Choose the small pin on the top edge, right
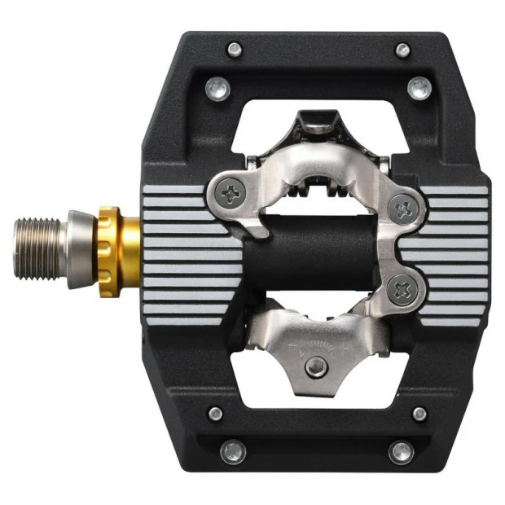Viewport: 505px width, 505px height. pyautogui.click(x=402, y=50)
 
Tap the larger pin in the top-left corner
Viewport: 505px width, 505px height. pyautogui.click(x=216, y=86)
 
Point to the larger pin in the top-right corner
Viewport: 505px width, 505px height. pyautogui.click(x=419, y=86)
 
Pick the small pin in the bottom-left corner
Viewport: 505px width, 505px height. pyautogui.click(x=216, y=414)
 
